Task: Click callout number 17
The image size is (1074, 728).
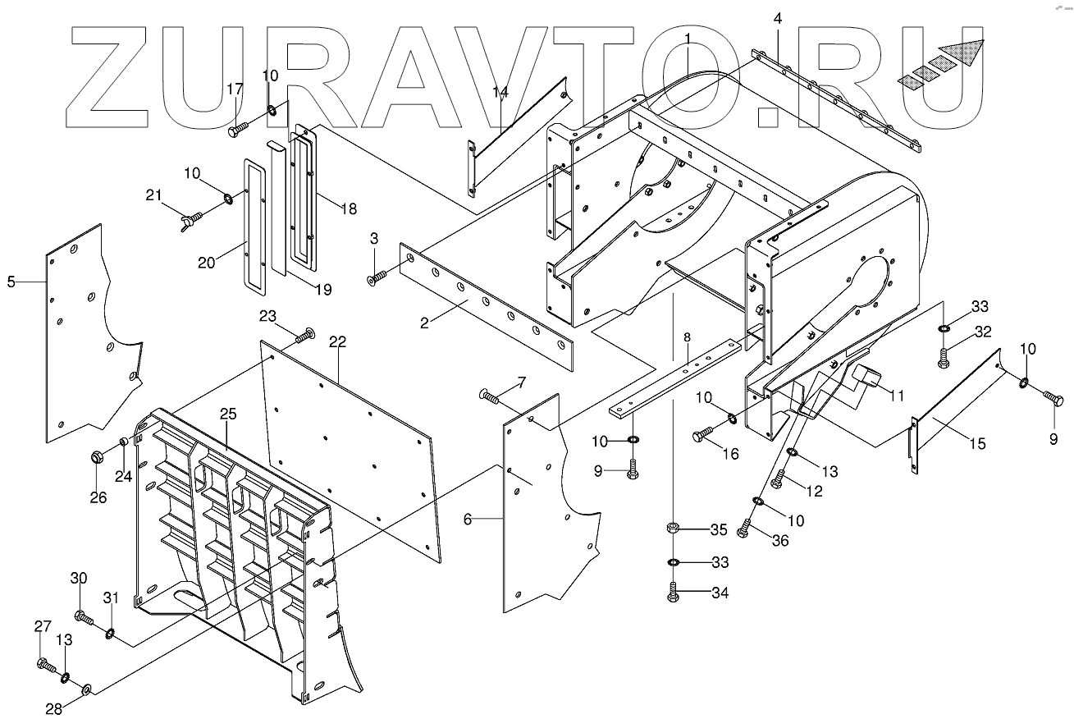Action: pos(235,89)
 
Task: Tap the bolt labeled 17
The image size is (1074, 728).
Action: pos(239,129)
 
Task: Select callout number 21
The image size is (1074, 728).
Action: pos(153,195)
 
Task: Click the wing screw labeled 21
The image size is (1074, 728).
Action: pos(190,219)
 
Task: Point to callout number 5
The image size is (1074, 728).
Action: pos(11,282)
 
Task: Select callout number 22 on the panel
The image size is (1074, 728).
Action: pos(335,341)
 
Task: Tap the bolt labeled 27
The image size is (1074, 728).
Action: pos(47,664)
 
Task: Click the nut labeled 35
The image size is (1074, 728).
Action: pos(673,529)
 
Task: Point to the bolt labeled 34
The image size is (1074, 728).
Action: pos(673,593)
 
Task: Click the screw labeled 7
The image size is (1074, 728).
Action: pos(491,398)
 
